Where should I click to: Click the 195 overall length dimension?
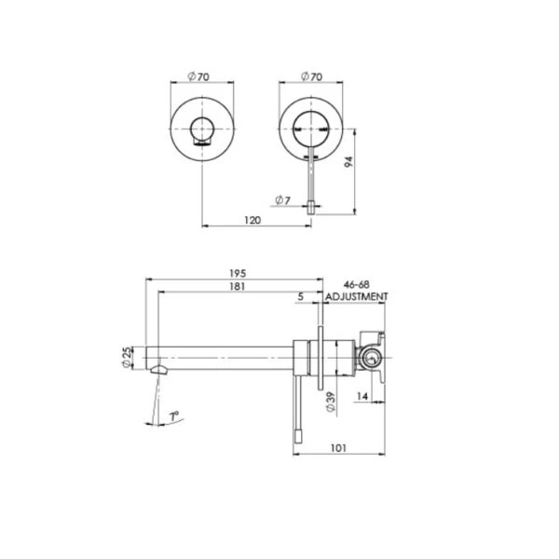[x=238, y=273]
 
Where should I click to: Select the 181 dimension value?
[x=237, y=286]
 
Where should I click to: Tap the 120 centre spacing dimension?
[x=252, y=220]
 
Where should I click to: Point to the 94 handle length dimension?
[x=349, y=162]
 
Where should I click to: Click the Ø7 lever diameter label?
[x=282, y=200]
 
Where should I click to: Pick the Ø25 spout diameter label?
[x=127, y=358]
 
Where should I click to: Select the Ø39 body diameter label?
[x=331, y=402]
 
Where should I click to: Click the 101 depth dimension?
[x=338, y=448]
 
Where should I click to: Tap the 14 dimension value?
[x=361, y=396]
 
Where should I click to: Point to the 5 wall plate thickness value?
[x=301, y=296]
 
